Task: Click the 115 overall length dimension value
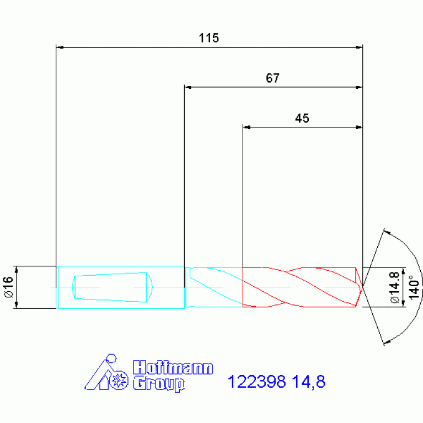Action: pyautogui.click(x=209, y=38)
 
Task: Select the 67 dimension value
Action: pyautogui.click(x=272, y=78)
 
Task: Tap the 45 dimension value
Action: pyautogui.click(x=302, y=118)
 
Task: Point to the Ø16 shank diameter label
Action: pyautogui.click(x=9, y=287)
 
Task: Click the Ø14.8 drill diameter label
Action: pyautogui.click(x=395, y=287)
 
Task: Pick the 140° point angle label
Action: pyautogui.click(x=414, y=287)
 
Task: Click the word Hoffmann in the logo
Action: pyautogui.click(x=173, y=367)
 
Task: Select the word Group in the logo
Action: pyautogui.click(x=159, y=384)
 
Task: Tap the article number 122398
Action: pyautogui.click(x=256, y=382)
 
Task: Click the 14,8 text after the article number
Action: pyautogui.click(x=309, y=382)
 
